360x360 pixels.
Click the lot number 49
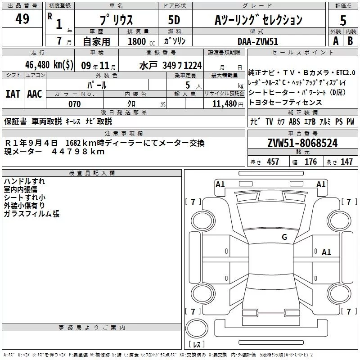coord(22,19)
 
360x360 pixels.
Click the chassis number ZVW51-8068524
coord(302,143)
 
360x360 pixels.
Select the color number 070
coord(75,104)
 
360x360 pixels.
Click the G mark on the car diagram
coord(284,237)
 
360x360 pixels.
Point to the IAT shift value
coord(13,94)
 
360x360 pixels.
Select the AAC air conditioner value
coord(34,94)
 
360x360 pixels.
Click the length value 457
coord(273,162)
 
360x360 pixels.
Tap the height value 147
coord(346,162)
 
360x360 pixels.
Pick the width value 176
coord(310,162)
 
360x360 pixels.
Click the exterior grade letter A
coord(335,40)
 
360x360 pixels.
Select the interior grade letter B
coord(350,40)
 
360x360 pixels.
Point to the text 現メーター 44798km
coord(54,152)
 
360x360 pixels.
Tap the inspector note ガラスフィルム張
coord(31,214)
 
